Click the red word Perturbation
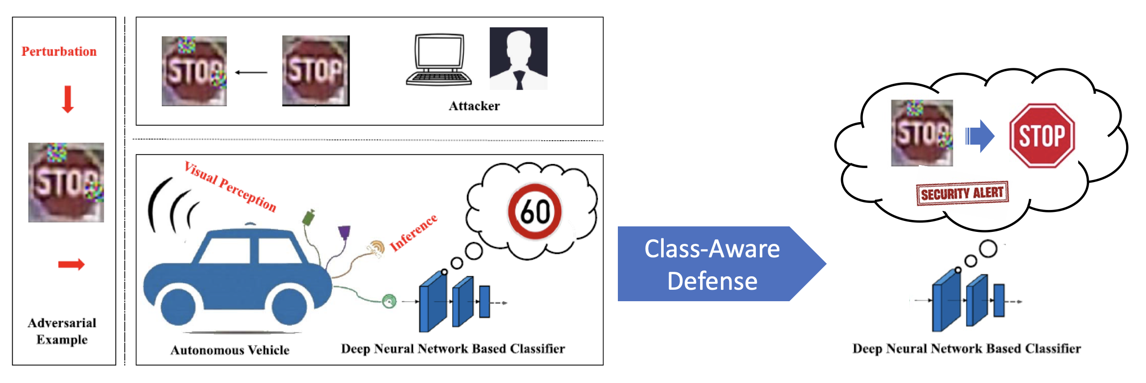pyautogui.click(x=59, y=51)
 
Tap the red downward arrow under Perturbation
pyautogui.click(x=68, y=99)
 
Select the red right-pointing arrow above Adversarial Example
pyautogui.click(x=71, y=264)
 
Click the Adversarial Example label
pyautogui.click(x=62, y=331)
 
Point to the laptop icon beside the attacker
pyautogui.click(x=438, y=60)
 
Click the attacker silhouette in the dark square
pyautogui.click(x=518, y=58)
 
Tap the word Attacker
pyautogui.click(x=474, y=106)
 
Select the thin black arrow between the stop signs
pyautogui.click(x=251, y=72)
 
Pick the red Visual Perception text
pyautogui.click(x=230, y=187)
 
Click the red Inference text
pyautogui.click(x=414, y=232)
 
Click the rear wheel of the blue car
pyautogui.click(x=178, y=307)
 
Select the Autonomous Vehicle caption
pyautogui.click(x=230, y=350)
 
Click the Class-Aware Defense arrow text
pyautogui.click(x=712, y=264)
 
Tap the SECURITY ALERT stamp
pyautogui.click(x=962, y=193)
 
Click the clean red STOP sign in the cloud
pyautogui.click(x=1042, y=136)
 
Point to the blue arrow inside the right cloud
pyautogui.click(x=980, y=136)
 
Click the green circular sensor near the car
pyautogui.click(x=389, y=301)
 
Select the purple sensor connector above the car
pyautogui.click(x=344, y=232)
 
